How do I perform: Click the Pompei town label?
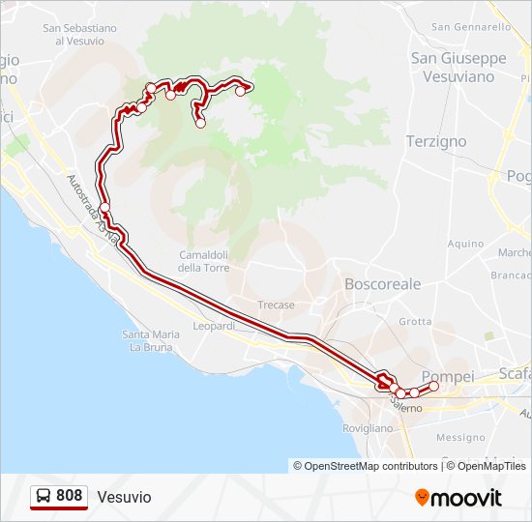(x=448, y=375)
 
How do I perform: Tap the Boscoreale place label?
(x=383, y=284)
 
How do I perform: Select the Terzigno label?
(x=435, y=141)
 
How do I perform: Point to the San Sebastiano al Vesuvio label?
(x=79, y=35)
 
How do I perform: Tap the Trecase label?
(x=276, y=304)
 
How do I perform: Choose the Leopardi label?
(x=214, y=326)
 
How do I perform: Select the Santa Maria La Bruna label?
(x=151, y=340)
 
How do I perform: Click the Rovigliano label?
(x=369, y=427)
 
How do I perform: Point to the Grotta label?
(x=415, y=321)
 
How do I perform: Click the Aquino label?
(x=465, y=244)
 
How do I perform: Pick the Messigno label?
(x=460, y=437)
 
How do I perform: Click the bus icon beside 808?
(x=44, y=496)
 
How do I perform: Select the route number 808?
(x=69, y=496)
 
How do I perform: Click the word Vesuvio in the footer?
(x=124, y=497)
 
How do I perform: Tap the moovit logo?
(x=458, y=497)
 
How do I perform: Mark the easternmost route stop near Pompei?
(x=433, y=387)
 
